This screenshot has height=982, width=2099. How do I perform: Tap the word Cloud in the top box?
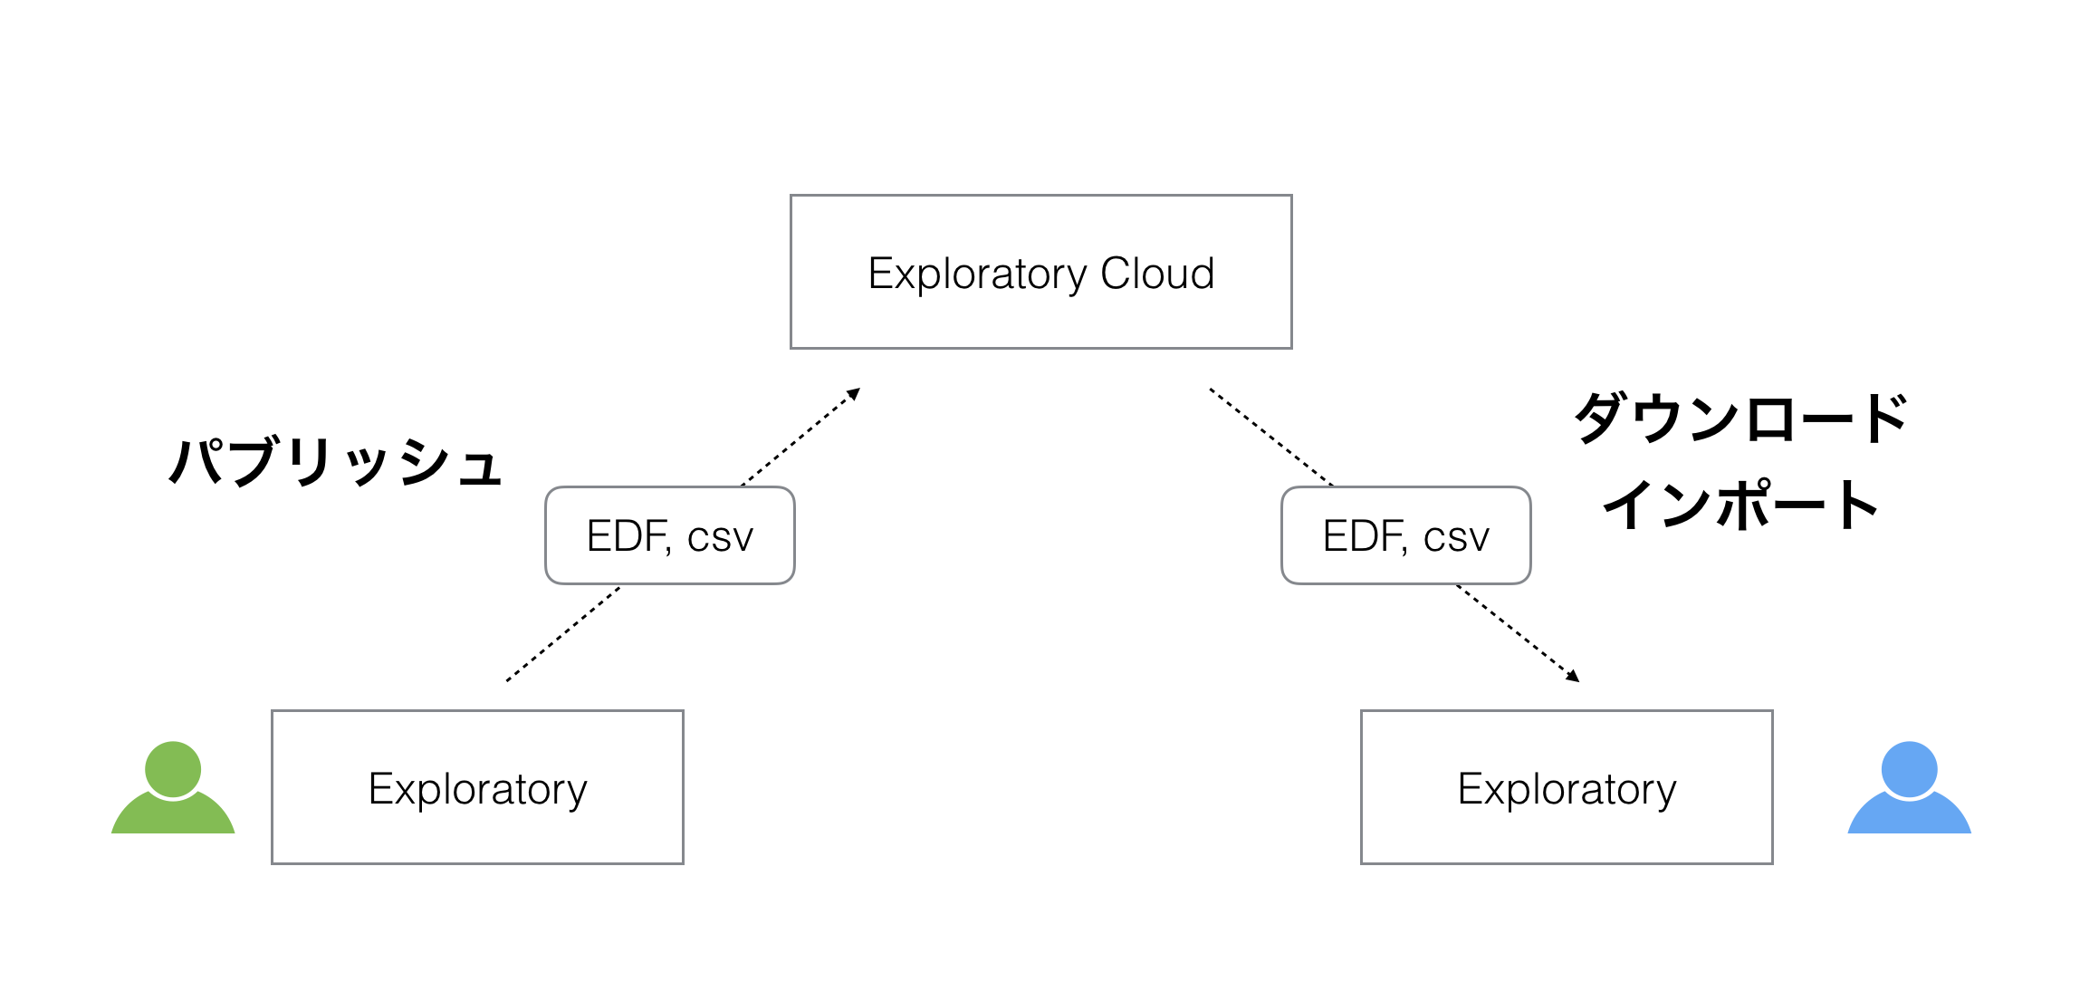click(1156, 273)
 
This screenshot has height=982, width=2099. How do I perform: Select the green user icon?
click(173, 787)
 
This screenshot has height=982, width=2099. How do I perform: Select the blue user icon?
click(1909, 787)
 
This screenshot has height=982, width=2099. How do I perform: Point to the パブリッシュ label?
click(335, 462)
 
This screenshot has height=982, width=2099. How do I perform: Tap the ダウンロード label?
click(1740, 419)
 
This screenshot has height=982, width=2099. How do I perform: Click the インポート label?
click(1740, 505)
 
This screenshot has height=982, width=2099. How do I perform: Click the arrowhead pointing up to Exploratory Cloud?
click(854, 393)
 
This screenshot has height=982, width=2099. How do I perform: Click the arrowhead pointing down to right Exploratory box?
click(1573, 676)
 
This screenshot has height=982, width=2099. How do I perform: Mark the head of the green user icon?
click(173, 769)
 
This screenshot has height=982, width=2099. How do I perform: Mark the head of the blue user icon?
click(1909, 769)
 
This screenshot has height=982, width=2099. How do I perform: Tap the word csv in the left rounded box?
click(721, 538)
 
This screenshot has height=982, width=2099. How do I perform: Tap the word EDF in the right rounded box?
click(1360, 535)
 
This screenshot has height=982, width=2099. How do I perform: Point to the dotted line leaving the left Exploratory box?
click(563, 634)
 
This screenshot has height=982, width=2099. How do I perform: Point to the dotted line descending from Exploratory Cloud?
click(1271, 438)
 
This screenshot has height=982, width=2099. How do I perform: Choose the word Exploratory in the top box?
click(978, 274)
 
